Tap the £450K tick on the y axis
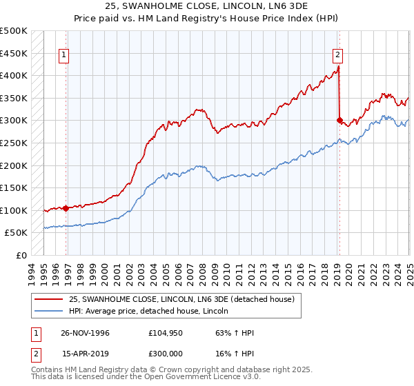14,53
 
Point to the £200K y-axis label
14,165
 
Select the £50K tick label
17,233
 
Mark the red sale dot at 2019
339,120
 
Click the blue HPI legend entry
152,311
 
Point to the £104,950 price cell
164,333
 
